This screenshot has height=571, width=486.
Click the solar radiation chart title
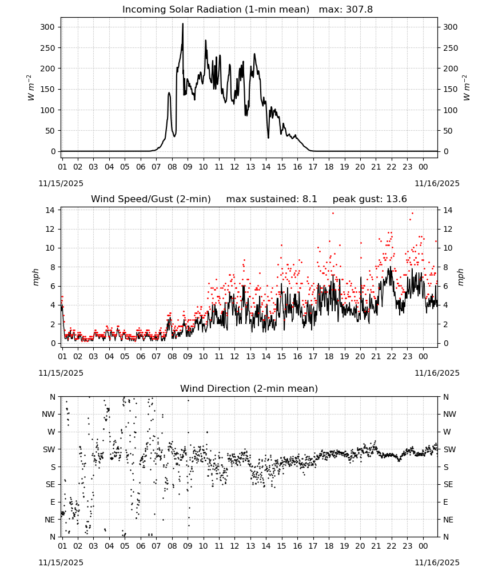coord(216,10)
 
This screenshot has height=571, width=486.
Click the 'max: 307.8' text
coord(346,10)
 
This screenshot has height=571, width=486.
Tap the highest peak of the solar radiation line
coord(182,23)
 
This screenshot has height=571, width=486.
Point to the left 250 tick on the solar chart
coord(48,48)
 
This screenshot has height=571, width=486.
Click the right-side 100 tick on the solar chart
coord(451,110)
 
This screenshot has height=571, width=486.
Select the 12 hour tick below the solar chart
coord(234,167)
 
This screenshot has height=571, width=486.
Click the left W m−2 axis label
coord(31,88)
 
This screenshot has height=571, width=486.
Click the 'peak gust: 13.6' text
coord(369,199)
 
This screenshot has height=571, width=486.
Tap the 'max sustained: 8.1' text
coord(272,199)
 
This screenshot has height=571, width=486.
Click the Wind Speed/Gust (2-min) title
coord(150,199)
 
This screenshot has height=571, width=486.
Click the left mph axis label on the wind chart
coord(35,277)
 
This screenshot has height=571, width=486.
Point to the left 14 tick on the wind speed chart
coord(50,210)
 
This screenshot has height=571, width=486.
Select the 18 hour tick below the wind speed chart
coord(329,356)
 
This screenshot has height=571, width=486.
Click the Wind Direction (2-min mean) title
coord(249,388)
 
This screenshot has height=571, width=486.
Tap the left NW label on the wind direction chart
coord(49,415)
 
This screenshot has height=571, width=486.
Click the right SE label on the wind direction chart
coord(448,484)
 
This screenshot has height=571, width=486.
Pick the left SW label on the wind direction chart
coord(49,449)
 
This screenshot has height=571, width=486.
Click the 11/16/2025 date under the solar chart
coord(437,183)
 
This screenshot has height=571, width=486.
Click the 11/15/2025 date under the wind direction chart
coord(61,562)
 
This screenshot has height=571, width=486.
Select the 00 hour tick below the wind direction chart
coord(423,546)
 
